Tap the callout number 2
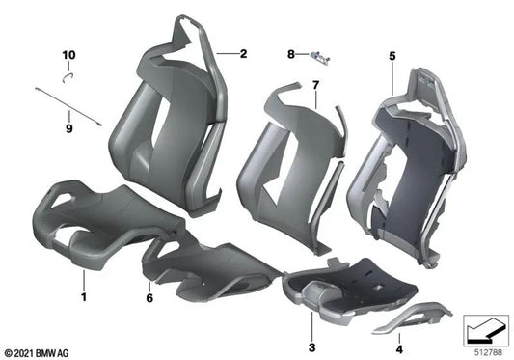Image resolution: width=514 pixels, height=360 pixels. pyautogui.click(x=244, y=55)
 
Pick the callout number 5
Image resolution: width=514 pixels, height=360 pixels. pyautogui.click(x=392, y=57)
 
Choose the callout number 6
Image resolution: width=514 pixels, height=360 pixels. pyautogui.click(x=149, y=272)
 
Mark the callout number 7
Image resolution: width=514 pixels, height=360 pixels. pyautogui.click(x=314, y=88)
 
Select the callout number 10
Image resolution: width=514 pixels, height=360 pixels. pyautogui.click(x=68, y=54)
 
